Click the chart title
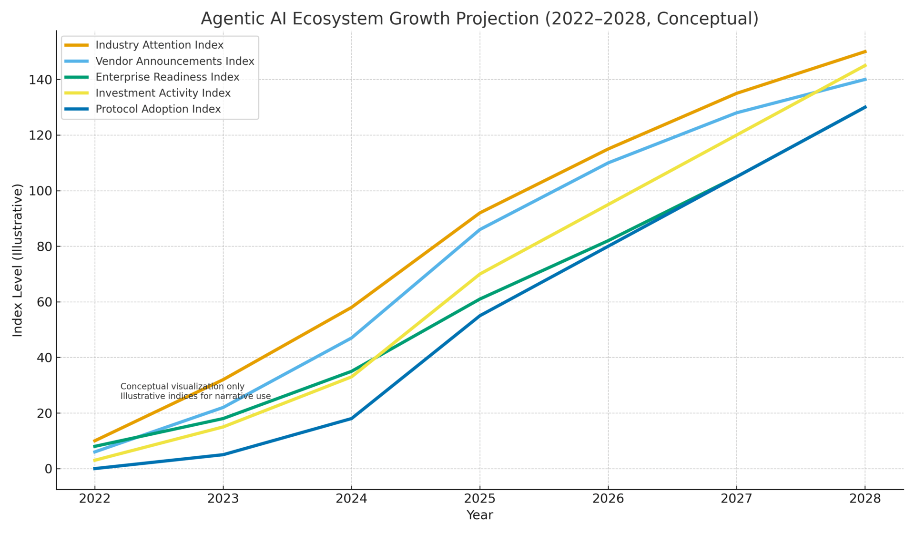point(479,19)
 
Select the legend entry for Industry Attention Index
point(159,45)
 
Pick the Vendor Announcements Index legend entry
point(174,61)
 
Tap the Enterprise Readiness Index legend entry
point(167,77)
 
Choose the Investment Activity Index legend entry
point(163,93)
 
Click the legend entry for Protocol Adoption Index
point(158,109)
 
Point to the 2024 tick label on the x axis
point(351,499)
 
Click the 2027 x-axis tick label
point(737,499)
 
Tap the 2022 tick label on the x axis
point(94,499)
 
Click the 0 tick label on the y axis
point(48,469)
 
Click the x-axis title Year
point(479,515)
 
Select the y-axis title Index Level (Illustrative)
point(18,260)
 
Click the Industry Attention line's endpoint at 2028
point(865,51)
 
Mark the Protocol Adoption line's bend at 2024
point(351,419)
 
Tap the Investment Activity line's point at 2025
point(480,274)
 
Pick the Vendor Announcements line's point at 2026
point(608,163)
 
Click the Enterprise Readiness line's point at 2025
point(480,299)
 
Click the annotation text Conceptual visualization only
point(183,387)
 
